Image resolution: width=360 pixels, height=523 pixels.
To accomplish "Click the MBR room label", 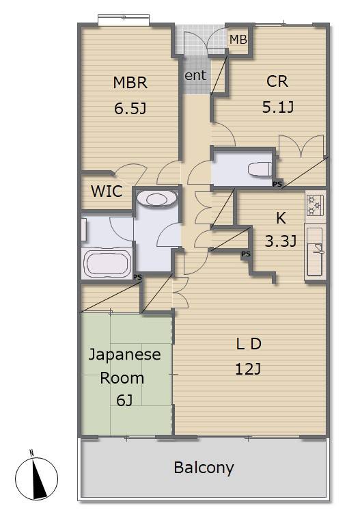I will pos(130,83).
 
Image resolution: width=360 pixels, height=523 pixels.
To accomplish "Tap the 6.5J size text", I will pos(130,108).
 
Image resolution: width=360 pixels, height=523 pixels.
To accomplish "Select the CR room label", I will pos(277,82).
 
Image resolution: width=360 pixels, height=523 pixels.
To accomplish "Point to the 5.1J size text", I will pos(277,107).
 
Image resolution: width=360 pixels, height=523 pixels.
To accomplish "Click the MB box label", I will pos(238,40).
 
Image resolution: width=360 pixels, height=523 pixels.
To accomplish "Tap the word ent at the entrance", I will pos(196,75).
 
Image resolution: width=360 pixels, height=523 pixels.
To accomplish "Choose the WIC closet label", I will pos(107,191).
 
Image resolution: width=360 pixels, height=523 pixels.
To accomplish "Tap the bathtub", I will pos(108,263).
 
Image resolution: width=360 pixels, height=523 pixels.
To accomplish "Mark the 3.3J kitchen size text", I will pos(281,241).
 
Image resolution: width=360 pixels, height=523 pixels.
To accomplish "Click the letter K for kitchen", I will pos(281,219).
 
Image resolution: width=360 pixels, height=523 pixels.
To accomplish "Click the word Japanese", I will pos(124,355).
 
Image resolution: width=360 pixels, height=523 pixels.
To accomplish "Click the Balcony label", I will pos(204,468).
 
